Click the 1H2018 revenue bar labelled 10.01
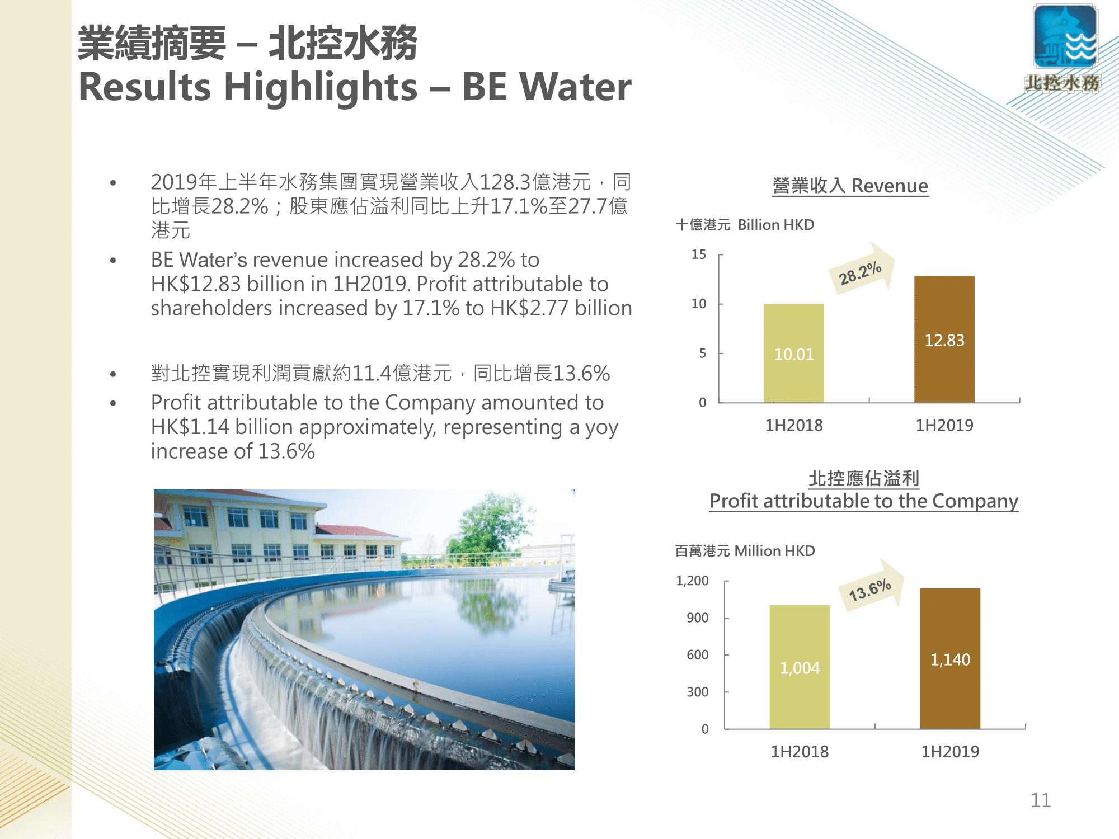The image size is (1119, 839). [794, 353]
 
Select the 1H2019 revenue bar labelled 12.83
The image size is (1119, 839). [944, 339]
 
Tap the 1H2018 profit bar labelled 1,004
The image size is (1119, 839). [800, 667]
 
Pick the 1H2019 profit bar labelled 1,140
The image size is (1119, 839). [950, 658]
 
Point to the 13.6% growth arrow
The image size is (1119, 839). [872, 585]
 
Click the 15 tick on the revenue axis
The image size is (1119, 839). [699, 254]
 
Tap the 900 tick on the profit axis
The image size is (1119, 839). [698, 618]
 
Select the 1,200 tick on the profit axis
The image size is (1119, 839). [692, 581]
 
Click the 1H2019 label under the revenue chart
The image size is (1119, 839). [944, 425]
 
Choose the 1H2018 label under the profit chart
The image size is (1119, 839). [800, 751]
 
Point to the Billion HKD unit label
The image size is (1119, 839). [776, 225]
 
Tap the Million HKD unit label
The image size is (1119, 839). [774, 551]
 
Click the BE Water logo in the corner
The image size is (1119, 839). [1064, 48]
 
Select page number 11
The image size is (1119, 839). [1041, 800]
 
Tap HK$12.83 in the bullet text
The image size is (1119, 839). [196, 284]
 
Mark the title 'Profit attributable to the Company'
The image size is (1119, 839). [864, 501]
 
